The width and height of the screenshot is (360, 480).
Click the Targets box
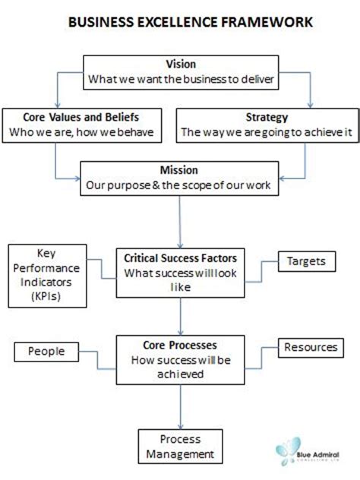pos(306,261)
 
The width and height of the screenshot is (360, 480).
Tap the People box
pos(46,352)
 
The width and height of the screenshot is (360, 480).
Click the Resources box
pos(310,347)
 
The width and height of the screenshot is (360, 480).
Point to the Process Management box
pos(180,447)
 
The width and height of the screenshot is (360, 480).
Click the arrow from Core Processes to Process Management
pos(180,406)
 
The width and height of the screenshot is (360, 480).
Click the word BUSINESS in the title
pos(97,24)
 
